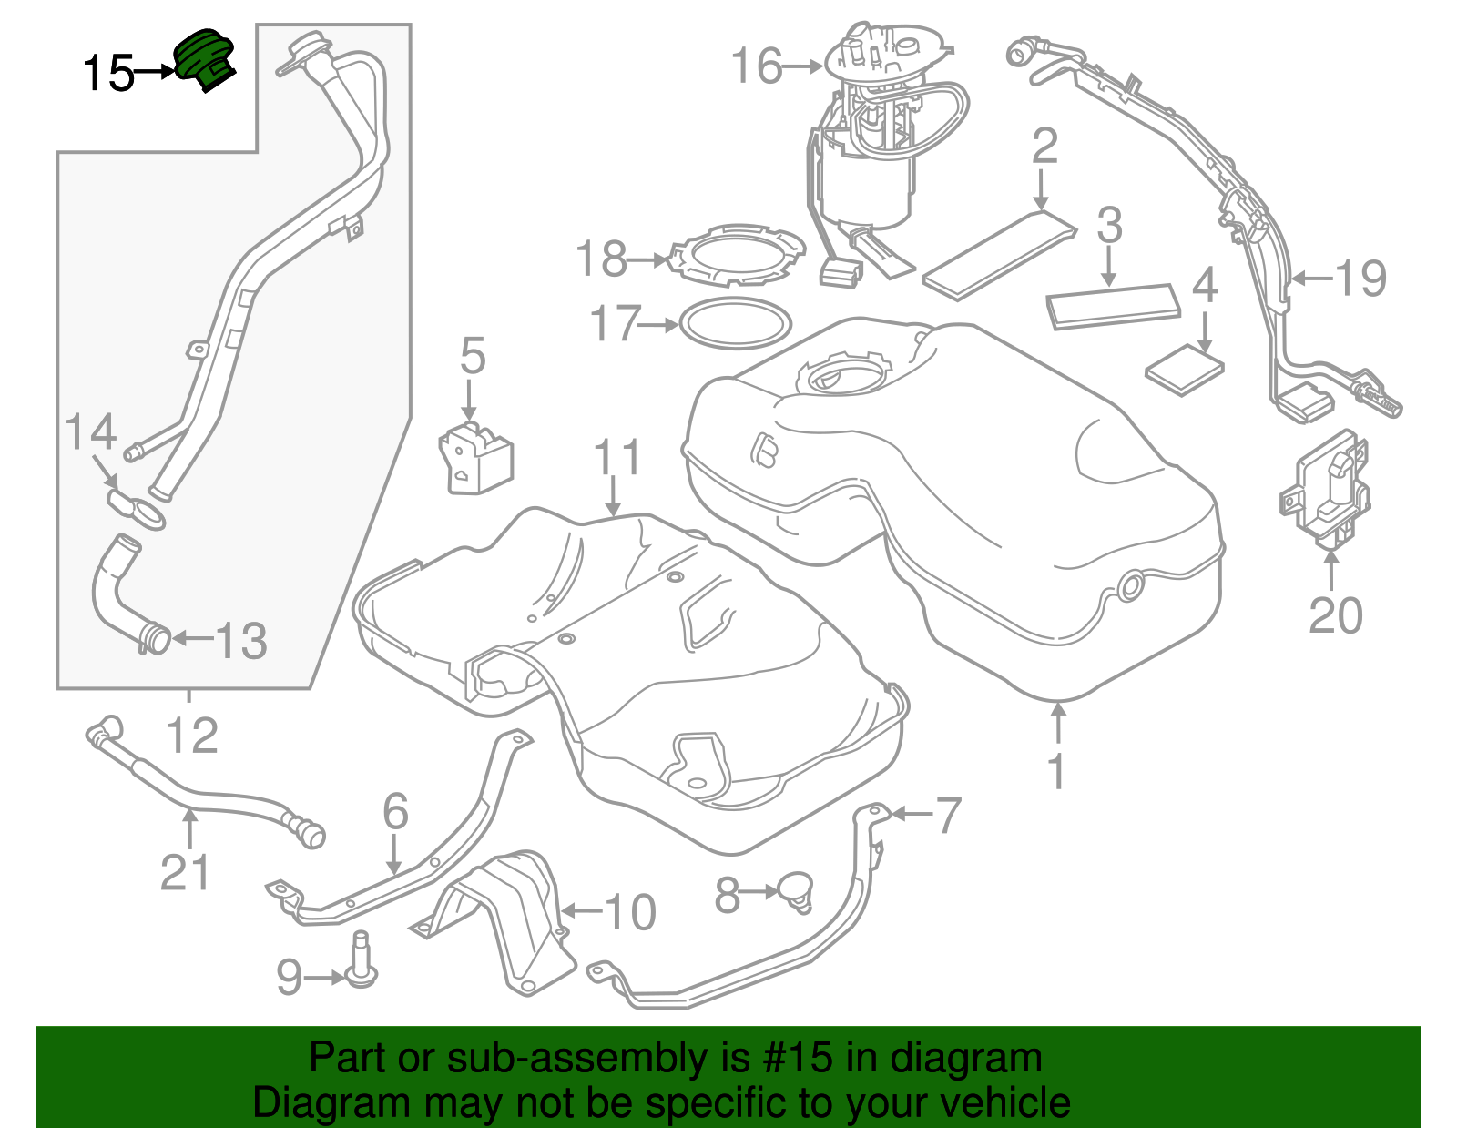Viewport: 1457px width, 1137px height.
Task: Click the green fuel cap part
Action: click(205, 59)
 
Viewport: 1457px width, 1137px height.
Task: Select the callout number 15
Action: click(108, 73)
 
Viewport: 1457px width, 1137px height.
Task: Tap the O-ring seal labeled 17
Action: click(736, 323)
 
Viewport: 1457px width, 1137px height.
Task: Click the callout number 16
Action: click(757, 66)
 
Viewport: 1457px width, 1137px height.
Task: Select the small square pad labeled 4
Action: click(1184, 369)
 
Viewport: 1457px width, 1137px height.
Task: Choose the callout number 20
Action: click(1335, 616)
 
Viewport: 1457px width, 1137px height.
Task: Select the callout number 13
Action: click(240, 641)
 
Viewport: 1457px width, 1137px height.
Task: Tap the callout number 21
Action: click(185, 872)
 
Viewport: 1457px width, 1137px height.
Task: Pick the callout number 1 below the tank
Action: click(1056, 771)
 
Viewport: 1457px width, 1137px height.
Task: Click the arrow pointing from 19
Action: click(1311, 279)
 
